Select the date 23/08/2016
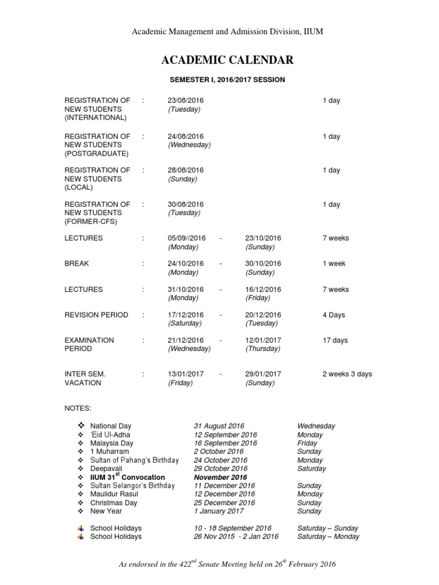tap(185, 101)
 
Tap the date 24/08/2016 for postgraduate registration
tap(185, 137)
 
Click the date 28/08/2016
tap(185, 170)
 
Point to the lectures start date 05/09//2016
tap(186, 238)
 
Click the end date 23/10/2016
tap(263, 238)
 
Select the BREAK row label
tap(77, 264)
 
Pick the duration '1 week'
tap(334, 264)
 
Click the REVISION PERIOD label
tap(96, 315)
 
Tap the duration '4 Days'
tap(334, 315)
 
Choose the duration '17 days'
tap(335, 340)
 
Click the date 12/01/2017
tap(263, 340)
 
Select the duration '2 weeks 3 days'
tap(347, 374)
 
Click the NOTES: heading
tap(78, 408)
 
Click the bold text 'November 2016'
tap(221, 477)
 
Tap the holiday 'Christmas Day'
tap(114, 503)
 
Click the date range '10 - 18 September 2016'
tap(233, 528)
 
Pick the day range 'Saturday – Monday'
tap(328, 537)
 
